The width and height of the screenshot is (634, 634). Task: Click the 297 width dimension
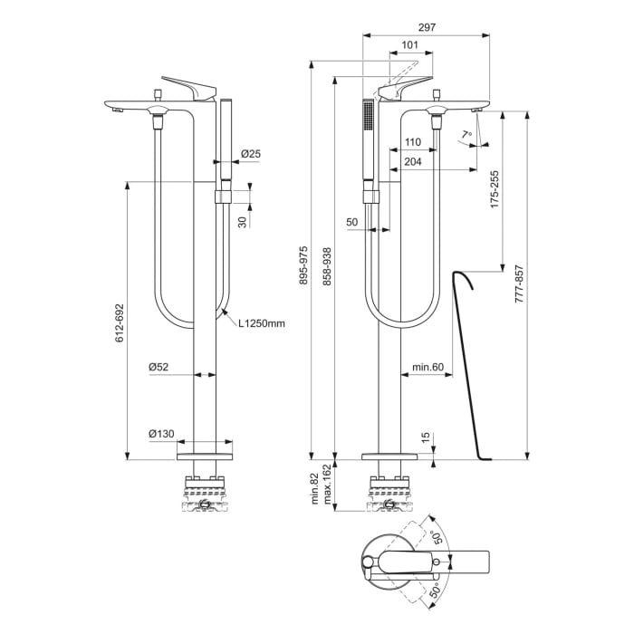(x=427, y=27)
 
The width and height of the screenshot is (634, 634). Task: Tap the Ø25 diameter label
(x=251, y=155)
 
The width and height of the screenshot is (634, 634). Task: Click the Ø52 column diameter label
(x=160, y=367)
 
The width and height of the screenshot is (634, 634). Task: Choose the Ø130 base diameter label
(x=162, y=434)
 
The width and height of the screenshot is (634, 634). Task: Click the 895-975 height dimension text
(x=303, y=266)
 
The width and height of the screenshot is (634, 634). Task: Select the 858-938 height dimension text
(x=327, y=266)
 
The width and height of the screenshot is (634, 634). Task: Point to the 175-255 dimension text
(x=495, y=191)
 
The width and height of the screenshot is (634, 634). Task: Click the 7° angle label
(x=466, y=136)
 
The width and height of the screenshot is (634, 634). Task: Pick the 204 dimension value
(x=413, y=161)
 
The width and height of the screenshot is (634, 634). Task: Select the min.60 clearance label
(x=427, y=367)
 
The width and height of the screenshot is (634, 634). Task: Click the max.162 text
(x=327, y=488)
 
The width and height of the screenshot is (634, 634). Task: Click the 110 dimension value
(x=412, y=141)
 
